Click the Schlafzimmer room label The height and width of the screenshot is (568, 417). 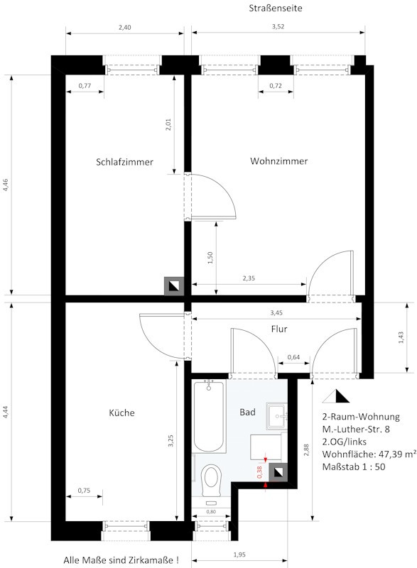pyautogui.click(x=124, y=162)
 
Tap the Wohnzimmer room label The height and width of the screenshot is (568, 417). pyautogui.click(x=279, y=161)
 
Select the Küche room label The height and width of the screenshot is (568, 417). pyautogui.click(x=121, y=413)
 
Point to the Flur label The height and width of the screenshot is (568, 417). pyautogui.click(x=279, y=329)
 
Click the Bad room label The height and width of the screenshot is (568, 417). pyautogui.click(x=247, y=412)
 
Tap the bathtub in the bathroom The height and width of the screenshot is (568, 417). pyautogui.click(x=209, y=416)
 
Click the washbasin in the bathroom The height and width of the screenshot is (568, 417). pyautogui.click(x=277, y=415)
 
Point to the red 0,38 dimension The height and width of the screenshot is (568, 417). pyautogui.click(x=260, y=472)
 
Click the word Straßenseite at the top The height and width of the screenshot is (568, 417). pyautogui.click(x=276, y=9)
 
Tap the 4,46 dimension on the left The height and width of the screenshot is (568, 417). pyautogui.click(x=6, y=185)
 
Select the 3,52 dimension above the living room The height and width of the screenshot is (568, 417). pyautogui.click(x=278, y=26)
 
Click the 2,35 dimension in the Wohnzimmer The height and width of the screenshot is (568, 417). pyautogui.click(x=249, y=278)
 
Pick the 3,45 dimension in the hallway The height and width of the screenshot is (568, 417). pyautogui.click(x=276, y=312)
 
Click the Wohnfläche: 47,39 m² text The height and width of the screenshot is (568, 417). pyautogui.click(x=369, y=454)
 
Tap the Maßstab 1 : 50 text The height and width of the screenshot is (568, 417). pyautogui.click(x=354, y=466)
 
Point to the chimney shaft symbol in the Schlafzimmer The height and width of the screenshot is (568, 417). pyautogui.click(x=174, y=286)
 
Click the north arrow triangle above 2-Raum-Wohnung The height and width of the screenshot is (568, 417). pyautogui.click(x=336, y=396)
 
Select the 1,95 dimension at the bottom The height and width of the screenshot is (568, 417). pyautogui.click(x=239, y=555)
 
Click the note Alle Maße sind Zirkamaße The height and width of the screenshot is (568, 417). pyautogui.click(x=121, y=560)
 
